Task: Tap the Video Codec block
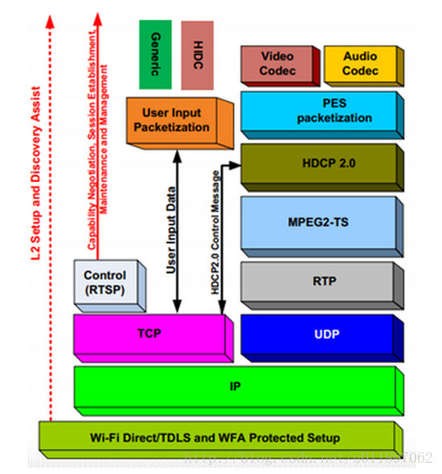pyautogui.click(x=276, y=64)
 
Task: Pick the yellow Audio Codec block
pyautogui.click(x=359, y=64)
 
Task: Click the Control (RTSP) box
pyautogui.click(x=104, y=282)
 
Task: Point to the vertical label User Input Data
pyautogui.click(x=171, y=229)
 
